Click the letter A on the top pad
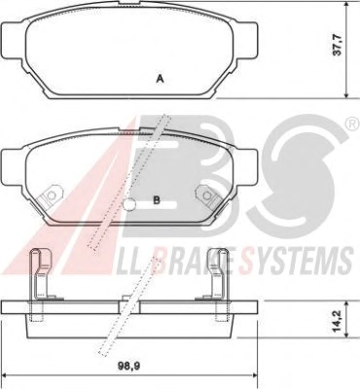click(160, 79)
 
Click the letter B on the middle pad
click(157, 200)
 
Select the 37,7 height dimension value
click(338, 46)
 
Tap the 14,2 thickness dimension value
click(338, 320)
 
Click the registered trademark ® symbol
click(350, 124)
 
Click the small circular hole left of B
click(129, 204)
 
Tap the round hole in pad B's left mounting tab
click(51, 195)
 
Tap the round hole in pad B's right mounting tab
click(206, 195)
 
